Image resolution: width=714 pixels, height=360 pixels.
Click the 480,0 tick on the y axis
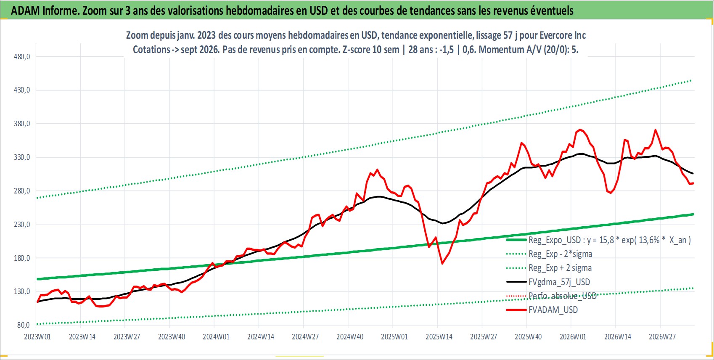pos(22,57)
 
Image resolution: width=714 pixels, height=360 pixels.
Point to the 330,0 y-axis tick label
pos(22,157)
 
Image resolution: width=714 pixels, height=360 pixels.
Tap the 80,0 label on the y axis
pos(24,325)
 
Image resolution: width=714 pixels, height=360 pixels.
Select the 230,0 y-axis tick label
pos(22,225)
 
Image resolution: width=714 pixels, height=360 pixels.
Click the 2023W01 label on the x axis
pos(37,337)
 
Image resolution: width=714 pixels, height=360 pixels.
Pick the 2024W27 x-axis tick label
pos(305,337)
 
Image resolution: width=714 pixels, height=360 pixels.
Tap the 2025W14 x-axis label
pos(439,337)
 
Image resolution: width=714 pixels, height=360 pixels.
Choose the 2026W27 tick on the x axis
pos(662,337)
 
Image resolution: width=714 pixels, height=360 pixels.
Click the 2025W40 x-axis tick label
pos(528,337)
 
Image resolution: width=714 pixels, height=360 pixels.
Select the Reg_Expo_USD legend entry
pos(599,240)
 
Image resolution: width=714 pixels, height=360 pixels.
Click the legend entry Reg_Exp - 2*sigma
pos(549,254)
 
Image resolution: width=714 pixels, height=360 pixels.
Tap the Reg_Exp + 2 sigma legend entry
pos(549,268)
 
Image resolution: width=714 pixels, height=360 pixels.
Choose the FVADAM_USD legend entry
pos(542,310)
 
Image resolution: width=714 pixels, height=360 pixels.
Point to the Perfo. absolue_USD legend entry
pos(551,296)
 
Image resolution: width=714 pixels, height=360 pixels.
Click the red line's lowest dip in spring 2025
pos(442,264)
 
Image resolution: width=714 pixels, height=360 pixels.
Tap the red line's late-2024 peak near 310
pos(378,169)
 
